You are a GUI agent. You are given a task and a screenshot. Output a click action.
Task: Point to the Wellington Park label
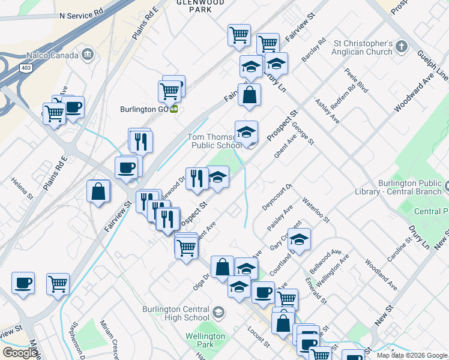coord(200,340)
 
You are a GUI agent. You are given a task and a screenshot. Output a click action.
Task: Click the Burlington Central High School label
coord(176,313)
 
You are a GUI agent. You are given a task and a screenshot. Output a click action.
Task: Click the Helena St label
coord(22,188)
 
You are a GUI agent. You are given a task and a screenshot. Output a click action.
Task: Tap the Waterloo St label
coord(316,209)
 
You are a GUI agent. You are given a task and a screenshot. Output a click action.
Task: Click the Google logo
coord(20,352)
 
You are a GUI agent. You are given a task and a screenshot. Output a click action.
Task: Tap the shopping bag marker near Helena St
coord(98,192)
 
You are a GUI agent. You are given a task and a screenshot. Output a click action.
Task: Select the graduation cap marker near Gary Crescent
coord(299,239)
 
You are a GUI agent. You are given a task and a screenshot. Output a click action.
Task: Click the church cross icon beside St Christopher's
coord(402,46)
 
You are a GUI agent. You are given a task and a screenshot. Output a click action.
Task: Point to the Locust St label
coord(258,337)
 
